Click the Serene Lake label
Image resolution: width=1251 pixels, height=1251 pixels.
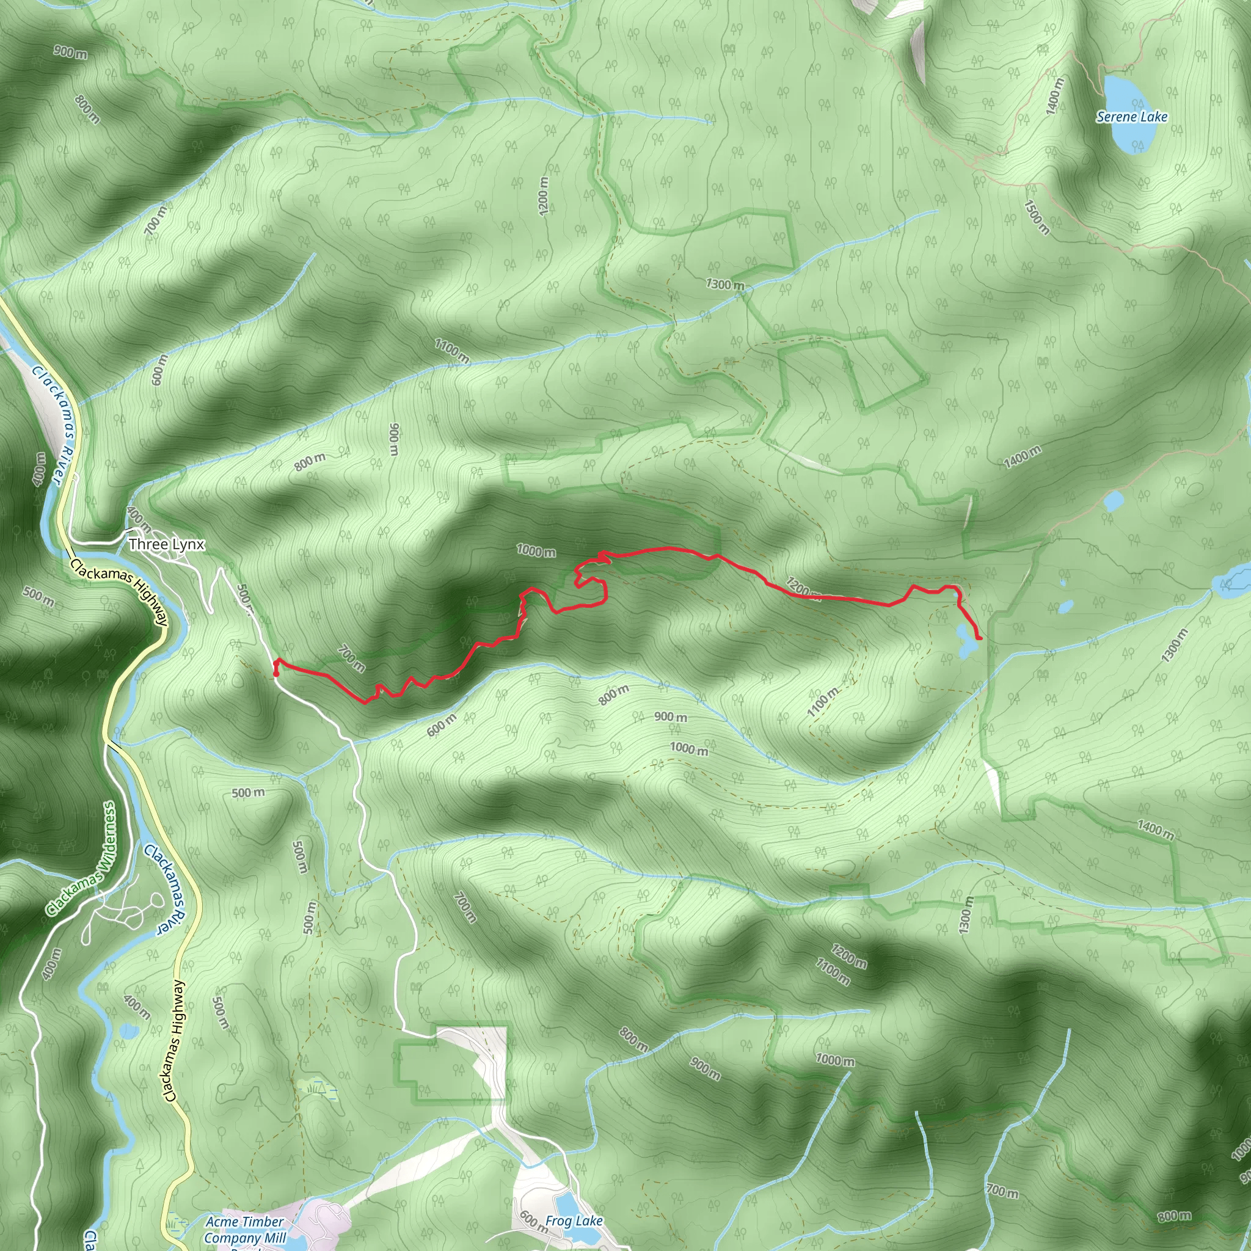pyautogui.click(x=1132, y=117)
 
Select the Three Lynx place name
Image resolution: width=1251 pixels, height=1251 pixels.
pyautogui.click(x=166, y=544)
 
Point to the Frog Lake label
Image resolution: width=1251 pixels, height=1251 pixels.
pyautogui.click(x=574, y=1220)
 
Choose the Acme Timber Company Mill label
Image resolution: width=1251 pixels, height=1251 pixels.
pyautogui.click(x=244, y=1230)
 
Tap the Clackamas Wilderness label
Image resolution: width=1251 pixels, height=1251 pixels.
pyautogui.click(x=82, y=860)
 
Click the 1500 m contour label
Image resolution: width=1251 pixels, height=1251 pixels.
pyautogui.click(x=1037, y=217)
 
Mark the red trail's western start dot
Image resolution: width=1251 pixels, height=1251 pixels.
pyautogui.click(x=277, y=673)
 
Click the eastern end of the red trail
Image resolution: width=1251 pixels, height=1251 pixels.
pyautogui.click(x=980, y=639)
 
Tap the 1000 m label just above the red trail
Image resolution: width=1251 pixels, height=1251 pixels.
pyautogui.click(x=536, y=551)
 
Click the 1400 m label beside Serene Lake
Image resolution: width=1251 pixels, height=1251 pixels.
pyautogui.click(x=1054, y=96)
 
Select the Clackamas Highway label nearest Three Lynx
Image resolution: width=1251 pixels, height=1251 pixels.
pyautogui.click(x=119, y=593)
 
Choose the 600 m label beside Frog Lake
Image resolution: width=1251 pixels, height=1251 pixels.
pyautogui.click(x=532, y=1220)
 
